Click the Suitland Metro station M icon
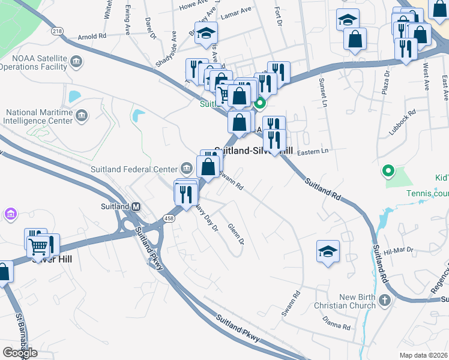coord(136,206)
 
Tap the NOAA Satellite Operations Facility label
coord(34,62)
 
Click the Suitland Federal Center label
coord(134,168)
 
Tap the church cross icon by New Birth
coord(385,299)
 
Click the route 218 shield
coord(57,31)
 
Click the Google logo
coord(20,352)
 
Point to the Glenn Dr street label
coord(236,233)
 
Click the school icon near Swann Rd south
coord(328,251)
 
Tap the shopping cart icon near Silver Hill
coord(38,246)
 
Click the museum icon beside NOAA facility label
coord(76,62)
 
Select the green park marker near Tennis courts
coord(388,172)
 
